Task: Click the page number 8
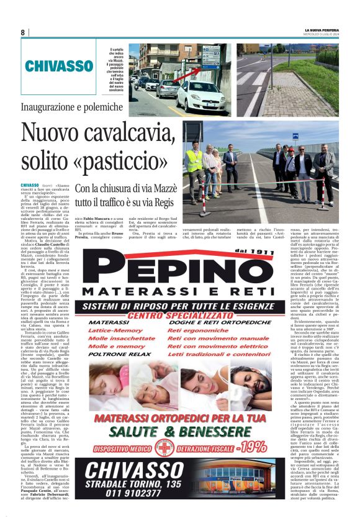click(x=23, y=32)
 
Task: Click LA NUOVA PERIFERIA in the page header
click(x=322, y=29)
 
